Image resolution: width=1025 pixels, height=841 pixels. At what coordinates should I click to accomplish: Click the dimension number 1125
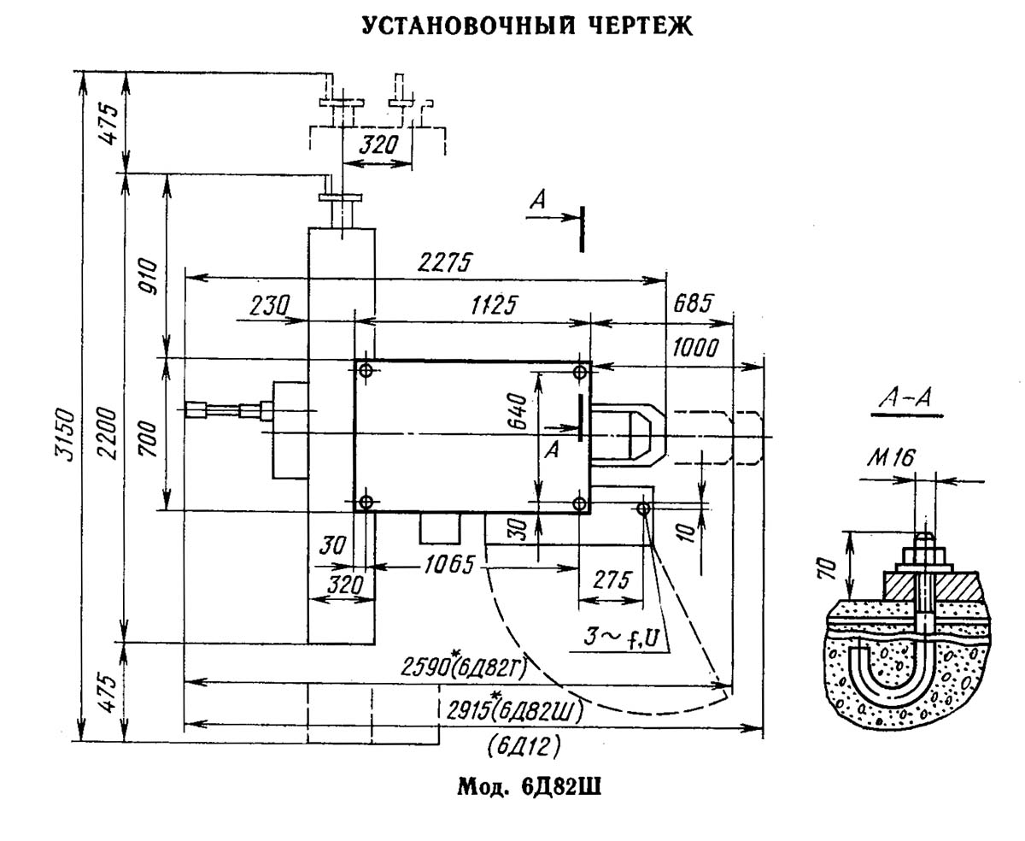tap(484, 306)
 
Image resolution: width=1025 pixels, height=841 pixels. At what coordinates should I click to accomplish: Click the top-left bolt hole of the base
tap(366, 370)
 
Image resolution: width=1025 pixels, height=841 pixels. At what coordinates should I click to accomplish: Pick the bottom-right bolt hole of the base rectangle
tap(580, 503)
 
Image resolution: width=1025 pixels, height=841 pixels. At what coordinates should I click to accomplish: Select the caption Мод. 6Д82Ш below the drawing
tap(530, 786)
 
